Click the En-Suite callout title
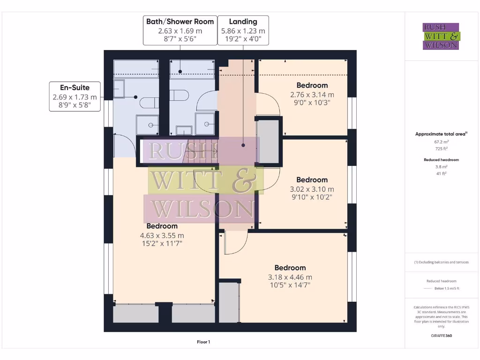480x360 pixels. pyautogui.click(x=75, y=87)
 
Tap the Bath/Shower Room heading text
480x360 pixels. pyautogui.click(x=180, y=22)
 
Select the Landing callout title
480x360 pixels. pyautogui.click(x=243, y=22)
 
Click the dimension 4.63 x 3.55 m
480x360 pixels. pyautogui.click(x=162, y=235)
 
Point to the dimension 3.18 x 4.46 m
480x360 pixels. pyautogui.click(x=290, y=277)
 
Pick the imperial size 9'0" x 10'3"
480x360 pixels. pyautogui.click(x=312, y=102)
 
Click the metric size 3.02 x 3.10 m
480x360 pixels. pyautogui.click(x=312, y=189)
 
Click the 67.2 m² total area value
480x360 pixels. pyautogui.click(x=441, y=141)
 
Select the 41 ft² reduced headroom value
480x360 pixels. pyautogui.click(x=441, y=173)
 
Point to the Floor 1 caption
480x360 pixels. pyautogui.click(x=203, y=342)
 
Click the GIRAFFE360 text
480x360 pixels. pyautogui.click(x=441, y=336)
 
